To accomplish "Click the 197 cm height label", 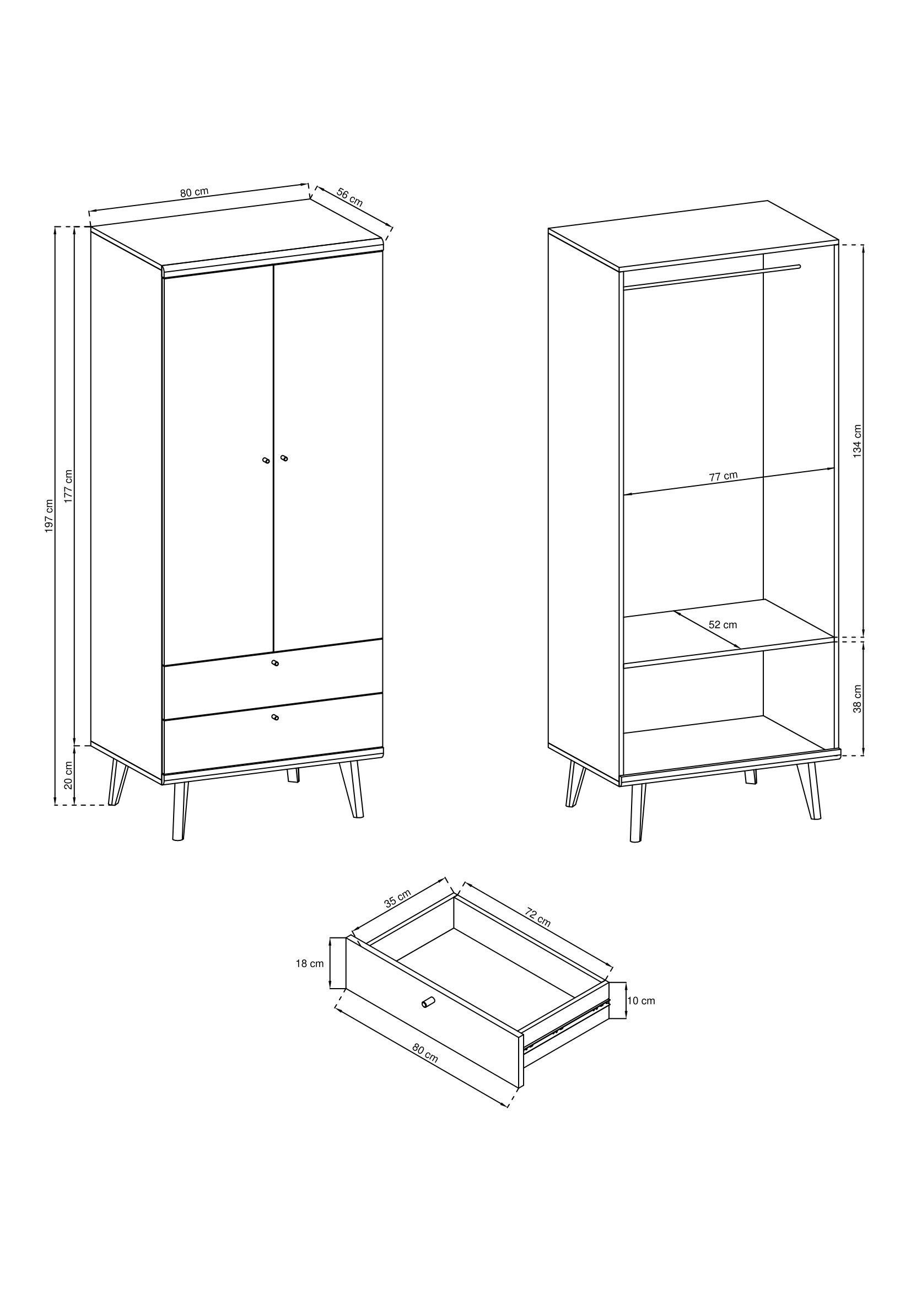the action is (x=50, y=515).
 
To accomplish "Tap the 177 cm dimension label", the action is (x=68, y=486).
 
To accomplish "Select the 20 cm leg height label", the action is (x=68, y=775).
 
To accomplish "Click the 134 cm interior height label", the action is (x=857, y=441).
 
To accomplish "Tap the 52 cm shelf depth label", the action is (x=723, y=624).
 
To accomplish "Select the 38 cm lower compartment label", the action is (x=857, y=698).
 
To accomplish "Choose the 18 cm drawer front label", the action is (x=310, y=964).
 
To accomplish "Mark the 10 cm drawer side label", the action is (x=641, y=1000).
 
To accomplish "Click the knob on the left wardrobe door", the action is (x=266, y=460).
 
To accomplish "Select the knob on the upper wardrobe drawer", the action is (x=274, y=664).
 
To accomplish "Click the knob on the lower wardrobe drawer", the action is (x=274, y=718).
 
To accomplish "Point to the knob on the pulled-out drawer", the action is (x=428, y=1001).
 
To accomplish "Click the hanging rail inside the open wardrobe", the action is (x=711, y=277).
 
